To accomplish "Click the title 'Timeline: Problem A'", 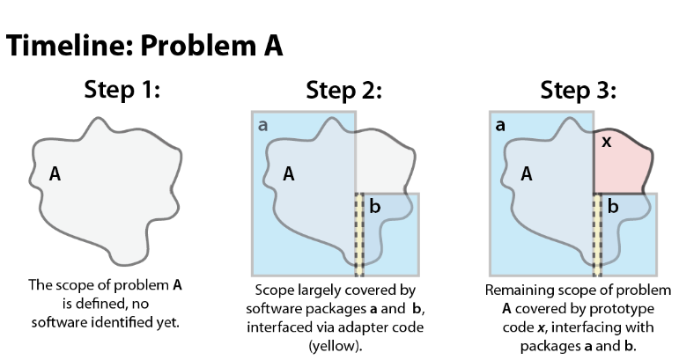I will click(145, 46).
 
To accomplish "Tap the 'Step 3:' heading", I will click(579, 91).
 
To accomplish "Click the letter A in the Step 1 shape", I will click(55, 174).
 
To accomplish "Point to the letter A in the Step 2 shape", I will click(288, 173).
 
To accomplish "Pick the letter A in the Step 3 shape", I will click(527, 173).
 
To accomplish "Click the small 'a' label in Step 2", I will click(262, 126).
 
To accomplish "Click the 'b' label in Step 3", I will click(613, 207).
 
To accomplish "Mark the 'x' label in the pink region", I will click(606, 141).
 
